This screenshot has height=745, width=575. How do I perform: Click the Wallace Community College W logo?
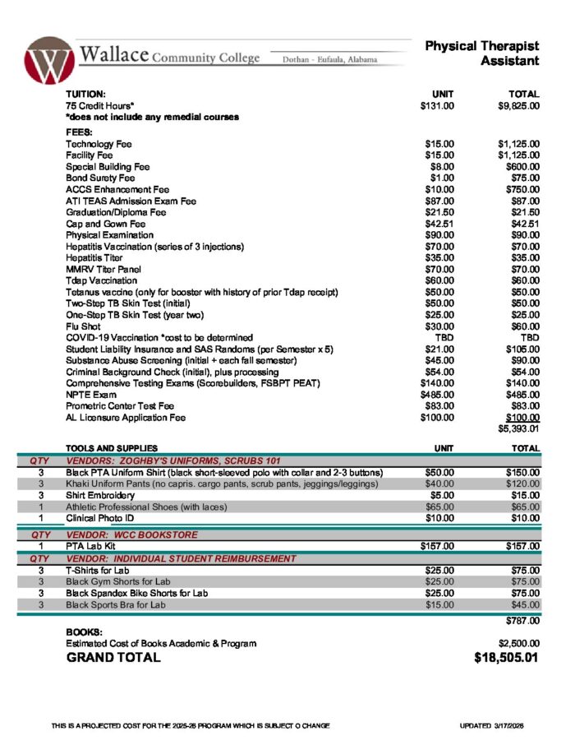[48, 60]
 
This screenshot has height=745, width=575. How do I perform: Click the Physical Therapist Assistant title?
[482, 53]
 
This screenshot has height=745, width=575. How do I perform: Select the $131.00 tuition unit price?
[436, 105]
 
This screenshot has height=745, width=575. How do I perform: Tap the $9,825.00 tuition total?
[518, 105]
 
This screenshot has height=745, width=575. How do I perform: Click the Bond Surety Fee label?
[100, 178]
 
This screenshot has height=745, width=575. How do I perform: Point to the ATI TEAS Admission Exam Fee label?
[131, 201]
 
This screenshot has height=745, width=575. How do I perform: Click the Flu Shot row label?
[83, 326]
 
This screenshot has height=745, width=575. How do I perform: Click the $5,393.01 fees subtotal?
[518, 428]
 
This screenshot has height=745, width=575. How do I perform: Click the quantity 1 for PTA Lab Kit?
[40, 546]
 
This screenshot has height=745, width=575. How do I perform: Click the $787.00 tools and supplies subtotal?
[522, 621]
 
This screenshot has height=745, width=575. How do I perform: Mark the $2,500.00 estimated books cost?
[518, 643]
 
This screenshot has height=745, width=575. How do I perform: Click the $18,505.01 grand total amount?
[507, 658]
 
